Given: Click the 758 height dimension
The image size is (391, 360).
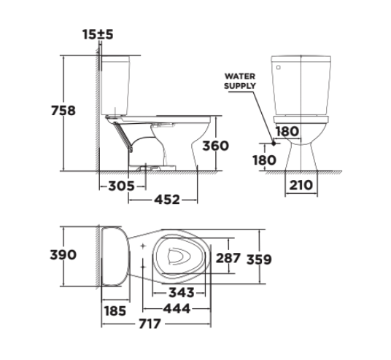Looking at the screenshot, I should click(63, 111).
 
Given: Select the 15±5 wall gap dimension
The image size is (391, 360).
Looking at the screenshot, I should click(97, 34).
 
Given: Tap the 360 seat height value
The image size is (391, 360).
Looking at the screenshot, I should click(215, 145).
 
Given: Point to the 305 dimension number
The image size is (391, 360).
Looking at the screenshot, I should click(120, 185).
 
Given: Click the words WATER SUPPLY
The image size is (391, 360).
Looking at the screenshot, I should click(239, 80).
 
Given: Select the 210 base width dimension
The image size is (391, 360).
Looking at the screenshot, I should click(301, 185).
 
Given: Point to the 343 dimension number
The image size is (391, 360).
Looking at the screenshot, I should click(180, 292).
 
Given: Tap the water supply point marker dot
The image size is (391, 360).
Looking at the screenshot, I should click(274, 144).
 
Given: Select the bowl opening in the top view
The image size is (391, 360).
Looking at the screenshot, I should click(179, 257).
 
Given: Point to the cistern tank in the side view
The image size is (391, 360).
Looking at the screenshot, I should click(121, 84).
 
